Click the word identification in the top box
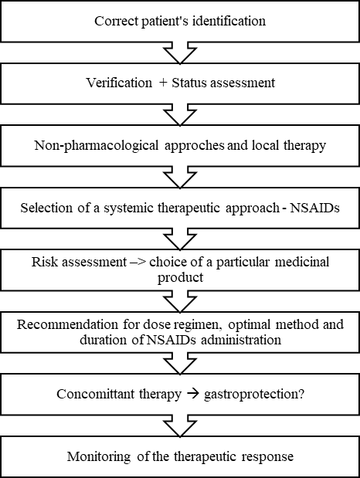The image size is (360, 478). click(229, 21)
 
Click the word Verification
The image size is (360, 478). click(119, 83)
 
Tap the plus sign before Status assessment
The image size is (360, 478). click(163, 83)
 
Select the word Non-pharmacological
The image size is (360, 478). click(97, 145)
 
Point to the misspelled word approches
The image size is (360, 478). click(195, 146)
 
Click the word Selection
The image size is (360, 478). click(46, 208)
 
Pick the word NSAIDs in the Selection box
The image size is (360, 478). click(314, 208)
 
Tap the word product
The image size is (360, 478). click(180, 277)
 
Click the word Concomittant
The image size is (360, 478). click(95, 394)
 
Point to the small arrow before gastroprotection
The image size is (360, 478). click(193, 394)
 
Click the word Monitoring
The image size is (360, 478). click(99, 457)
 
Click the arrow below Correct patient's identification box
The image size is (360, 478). click(180, 53)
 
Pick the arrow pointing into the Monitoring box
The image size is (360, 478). click(180, 425)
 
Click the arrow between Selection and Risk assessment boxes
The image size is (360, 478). click(180, 239)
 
